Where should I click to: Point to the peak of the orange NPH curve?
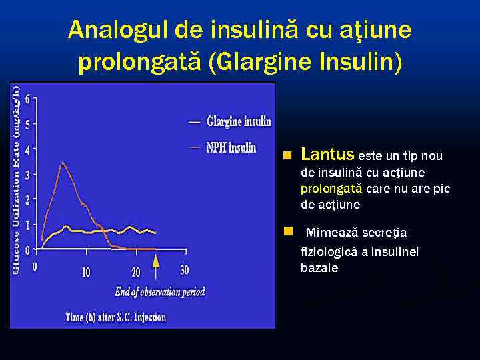tap(63, 162)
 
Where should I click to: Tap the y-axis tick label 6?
tap(27, 98)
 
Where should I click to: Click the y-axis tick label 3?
tap(27, 174)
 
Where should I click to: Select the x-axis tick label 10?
tap(86, 271)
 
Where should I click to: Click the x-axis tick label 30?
tap(185, 270)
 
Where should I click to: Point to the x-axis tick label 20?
tap(136, 271)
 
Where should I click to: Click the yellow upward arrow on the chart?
tap(155, 265)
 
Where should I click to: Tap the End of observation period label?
tap(160, 291)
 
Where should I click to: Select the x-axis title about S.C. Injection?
tap(115, 317)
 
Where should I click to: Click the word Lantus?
tap(327, 155)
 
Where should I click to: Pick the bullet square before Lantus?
tap(287, 156)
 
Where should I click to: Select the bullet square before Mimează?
tap(287, 232)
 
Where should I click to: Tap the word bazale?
tap(319, 268)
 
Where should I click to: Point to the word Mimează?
tap(331, 233)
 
